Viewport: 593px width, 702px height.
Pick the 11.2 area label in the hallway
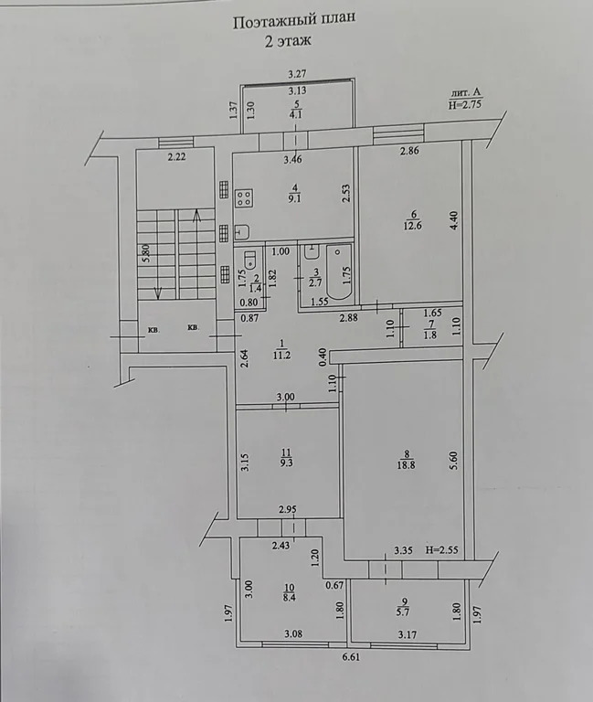tap(281, 356)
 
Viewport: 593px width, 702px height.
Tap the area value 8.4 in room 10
tap(291, 598)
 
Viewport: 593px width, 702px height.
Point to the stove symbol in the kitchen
tap(246, 198)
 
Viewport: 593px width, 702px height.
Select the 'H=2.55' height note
tap(443, 549)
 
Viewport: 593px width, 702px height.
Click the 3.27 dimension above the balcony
tap(296, 73)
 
